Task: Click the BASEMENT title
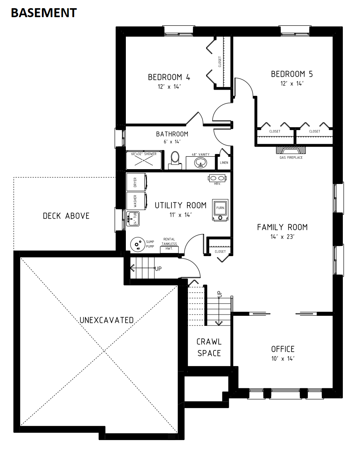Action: [44, 13]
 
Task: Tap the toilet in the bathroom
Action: [175, 161]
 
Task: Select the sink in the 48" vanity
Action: [200, 163]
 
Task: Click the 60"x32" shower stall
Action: [144, 161]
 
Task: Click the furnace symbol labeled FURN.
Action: [220, 210]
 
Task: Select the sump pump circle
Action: [138, 244]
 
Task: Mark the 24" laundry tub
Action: [133, 219]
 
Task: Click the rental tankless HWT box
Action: [169, 249]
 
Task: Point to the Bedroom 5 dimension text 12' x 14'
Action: [292, 83]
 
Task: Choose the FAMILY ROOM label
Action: [282, 227]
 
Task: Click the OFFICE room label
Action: [283, 349]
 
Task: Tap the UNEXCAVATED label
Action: [107, 320]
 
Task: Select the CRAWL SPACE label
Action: [209, 347]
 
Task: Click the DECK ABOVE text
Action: [66, 216]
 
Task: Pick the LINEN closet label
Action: [224, 163]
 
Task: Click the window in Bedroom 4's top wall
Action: [178, 31]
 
